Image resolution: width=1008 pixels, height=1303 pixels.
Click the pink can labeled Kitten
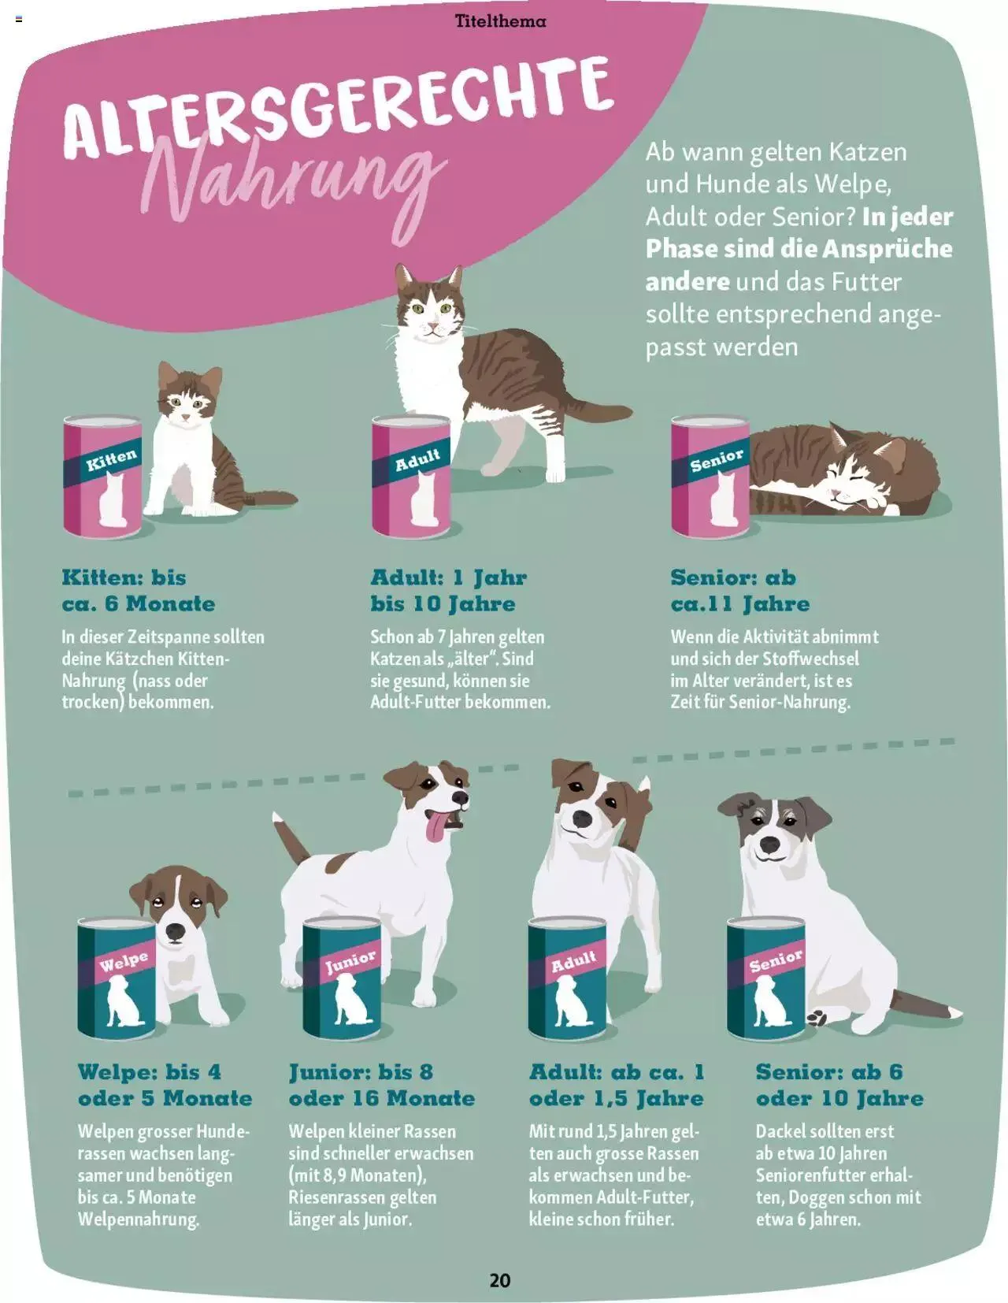pyautogui.click(x=102, y=477)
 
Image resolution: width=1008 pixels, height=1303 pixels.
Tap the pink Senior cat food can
pyautogui.click(x=710, y=477)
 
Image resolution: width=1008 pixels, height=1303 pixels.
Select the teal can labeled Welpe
pyautogui.click(x=117, y=979)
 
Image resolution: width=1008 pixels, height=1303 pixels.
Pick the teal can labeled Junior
pyautogui.click(x=343, y=979)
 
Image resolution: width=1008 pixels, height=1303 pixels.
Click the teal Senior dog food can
pyautogui.click(x=766, y=979)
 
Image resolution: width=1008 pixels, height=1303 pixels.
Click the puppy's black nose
pyautogui.click(x=176, y=931)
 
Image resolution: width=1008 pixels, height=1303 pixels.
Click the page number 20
pyautogui.click(x=500, y=1280)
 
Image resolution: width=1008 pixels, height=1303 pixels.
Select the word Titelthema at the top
pyautogui.click(x=500, y=21)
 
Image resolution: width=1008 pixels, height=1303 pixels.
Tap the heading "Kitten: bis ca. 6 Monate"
pyautogui.click(x=139, y=591)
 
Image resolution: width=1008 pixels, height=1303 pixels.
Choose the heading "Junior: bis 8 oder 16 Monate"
pyautogui.click(x=382, y=1085)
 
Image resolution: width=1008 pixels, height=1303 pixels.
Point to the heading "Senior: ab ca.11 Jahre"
pyautogui.click(x=740, y=591)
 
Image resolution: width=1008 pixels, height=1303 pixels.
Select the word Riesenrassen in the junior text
pyautogui.click(x=336, y=1197)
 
